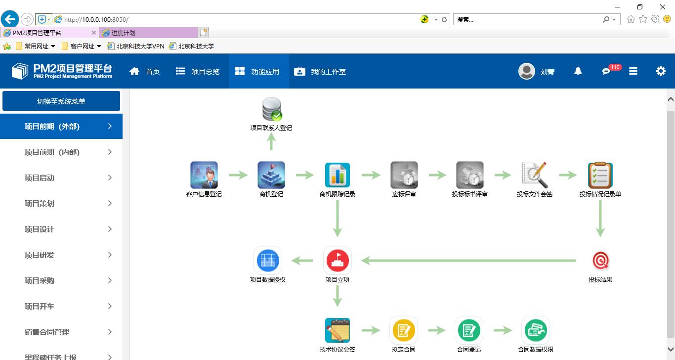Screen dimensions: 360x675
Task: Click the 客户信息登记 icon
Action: [204, 175]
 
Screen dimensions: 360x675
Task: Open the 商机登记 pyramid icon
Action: [271, 175]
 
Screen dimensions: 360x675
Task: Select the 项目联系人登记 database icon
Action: [271, 109]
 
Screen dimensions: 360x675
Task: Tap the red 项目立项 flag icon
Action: [337, 261]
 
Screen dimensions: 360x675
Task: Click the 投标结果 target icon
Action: [600, 261]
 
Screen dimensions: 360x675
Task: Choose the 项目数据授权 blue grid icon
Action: [268, 261]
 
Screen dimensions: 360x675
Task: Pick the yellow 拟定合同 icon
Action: [404, 330]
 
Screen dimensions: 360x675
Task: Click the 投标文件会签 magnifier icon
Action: [535, 175]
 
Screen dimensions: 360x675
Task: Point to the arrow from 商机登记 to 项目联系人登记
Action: [271, 143]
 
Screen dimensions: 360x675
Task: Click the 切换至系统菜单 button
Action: [61, 101]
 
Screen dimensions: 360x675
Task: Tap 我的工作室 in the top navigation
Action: [320, 72]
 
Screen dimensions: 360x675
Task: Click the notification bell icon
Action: [578, 71]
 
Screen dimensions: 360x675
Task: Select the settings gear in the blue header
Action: [661, 71]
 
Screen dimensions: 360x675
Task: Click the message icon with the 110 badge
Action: [606, 72]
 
